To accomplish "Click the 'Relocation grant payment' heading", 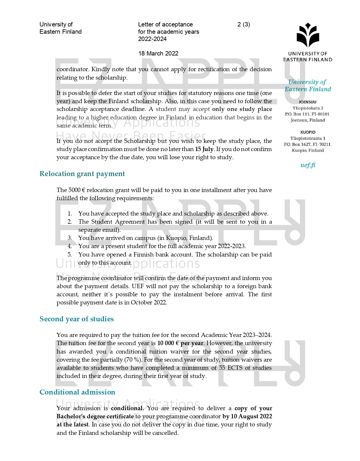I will click(x=82, y=174).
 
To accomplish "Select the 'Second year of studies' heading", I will click(x=77, y=319).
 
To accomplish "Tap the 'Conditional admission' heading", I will click(x=77, y=392).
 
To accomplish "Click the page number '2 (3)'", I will click(x=244, y=24).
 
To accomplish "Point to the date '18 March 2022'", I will click(x=158, y=53).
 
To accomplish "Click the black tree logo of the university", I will click(x=308, y=36).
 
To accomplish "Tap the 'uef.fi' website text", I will click(x=308, y=165).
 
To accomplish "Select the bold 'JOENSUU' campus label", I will click(x=307, y=102).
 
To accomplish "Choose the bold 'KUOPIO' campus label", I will click(x=308, y=132).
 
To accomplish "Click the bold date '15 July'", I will click(x=204, y=149).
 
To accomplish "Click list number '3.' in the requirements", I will click(x=70, y=238).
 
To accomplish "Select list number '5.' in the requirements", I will click(x=70, y=255).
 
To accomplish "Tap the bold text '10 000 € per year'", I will click(x=180, y=343).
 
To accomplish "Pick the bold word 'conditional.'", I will click(x=127, y=408).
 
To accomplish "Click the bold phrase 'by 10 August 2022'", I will click(x=247, y=417).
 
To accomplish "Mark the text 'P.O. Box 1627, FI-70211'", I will click(x=307, y=144).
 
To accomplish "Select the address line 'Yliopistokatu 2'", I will click(x=308, y=108).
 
